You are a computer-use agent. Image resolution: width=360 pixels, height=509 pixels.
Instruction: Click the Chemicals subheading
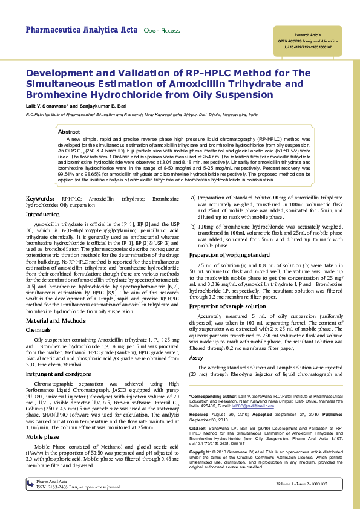coord(38,330)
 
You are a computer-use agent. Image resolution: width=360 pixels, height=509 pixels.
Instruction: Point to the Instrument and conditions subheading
coord(58,374)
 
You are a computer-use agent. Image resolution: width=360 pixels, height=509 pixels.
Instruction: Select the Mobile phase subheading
coord(42,436)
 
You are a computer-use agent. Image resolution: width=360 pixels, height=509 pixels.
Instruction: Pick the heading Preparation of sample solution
coord(227,307)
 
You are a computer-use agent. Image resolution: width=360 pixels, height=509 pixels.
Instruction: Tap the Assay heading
coord(196,358)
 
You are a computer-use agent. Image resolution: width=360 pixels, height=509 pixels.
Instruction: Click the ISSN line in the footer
coord(78,486)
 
